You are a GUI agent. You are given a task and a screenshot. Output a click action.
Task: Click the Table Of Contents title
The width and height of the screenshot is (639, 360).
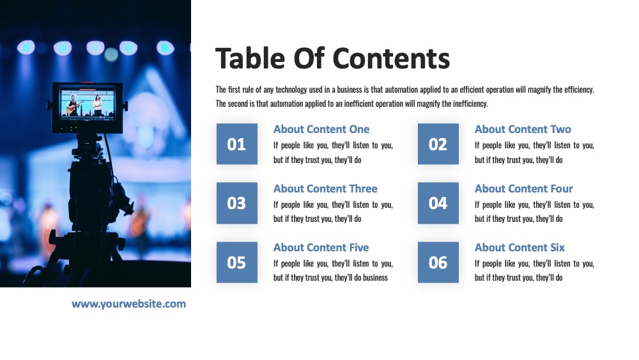tap(332, 58)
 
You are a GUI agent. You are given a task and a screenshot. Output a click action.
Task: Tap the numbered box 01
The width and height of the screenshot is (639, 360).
tap(237, 144)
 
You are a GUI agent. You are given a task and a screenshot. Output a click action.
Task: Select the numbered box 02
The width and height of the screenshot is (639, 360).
tap(438, 144)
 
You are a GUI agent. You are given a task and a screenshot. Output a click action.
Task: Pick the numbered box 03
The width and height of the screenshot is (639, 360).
tap(237, 203)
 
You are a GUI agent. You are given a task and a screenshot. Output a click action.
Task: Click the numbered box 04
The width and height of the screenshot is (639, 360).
tap(438, 203)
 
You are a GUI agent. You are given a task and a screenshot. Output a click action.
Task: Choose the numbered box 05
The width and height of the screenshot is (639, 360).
tap(237, 262)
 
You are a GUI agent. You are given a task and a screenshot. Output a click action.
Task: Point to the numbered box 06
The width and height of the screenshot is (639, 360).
tap(438, 262)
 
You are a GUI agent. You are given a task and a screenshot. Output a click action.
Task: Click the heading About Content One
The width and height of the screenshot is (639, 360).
tap(321, 129)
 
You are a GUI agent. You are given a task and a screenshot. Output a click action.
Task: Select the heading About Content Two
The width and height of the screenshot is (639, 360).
tap(523, 129)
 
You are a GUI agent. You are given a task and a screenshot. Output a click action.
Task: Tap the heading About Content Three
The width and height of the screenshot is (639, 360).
tap(325, 189)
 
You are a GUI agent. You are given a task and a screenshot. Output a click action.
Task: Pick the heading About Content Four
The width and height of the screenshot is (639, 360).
tap(524, 189)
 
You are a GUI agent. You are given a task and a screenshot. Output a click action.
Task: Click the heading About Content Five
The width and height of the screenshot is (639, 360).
tap(321, 247)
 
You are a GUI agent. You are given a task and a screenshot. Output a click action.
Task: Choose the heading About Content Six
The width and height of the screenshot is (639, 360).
tap(520, 247)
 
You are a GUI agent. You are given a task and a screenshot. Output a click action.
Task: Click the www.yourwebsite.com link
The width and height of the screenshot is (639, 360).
tap(129, 304)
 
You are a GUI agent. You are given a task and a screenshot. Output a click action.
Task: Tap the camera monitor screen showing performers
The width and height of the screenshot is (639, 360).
tap(88, 104)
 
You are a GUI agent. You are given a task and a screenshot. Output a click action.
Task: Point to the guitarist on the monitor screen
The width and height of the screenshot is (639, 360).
tap(73, 106)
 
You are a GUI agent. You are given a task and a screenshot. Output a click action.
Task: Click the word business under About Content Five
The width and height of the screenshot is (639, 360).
tap(375, 278)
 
